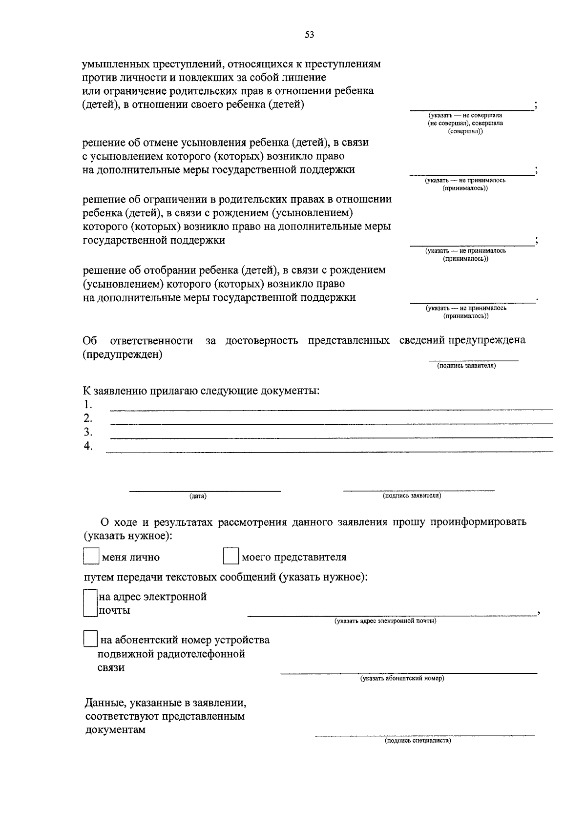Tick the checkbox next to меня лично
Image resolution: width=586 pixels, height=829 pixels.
coord(91,557)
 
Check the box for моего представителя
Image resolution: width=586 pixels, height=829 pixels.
coord(230,557)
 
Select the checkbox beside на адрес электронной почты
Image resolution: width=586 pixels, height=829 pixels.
coord(90,603)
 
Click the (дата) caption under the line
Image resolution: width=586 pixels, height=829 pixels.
coord(198,496)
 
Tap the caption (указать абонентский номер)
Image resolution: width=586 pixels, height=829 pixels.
coord(402,678)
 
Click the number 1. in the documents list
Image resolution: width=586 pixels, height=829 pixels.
coord(88,404)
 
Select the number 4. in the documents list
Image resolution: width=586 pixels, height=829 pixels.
coord(88,446)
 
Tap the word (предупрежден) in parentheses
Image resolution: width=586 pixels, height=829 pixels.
coord(123,354)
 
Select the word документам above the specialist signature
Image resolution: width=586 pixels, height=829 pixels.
coord(115,730)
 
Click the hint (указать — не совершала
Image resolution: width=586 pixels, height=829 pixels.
coord(465,115)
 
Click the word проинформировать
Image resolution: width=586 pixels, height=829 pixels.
coord(478,521)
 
